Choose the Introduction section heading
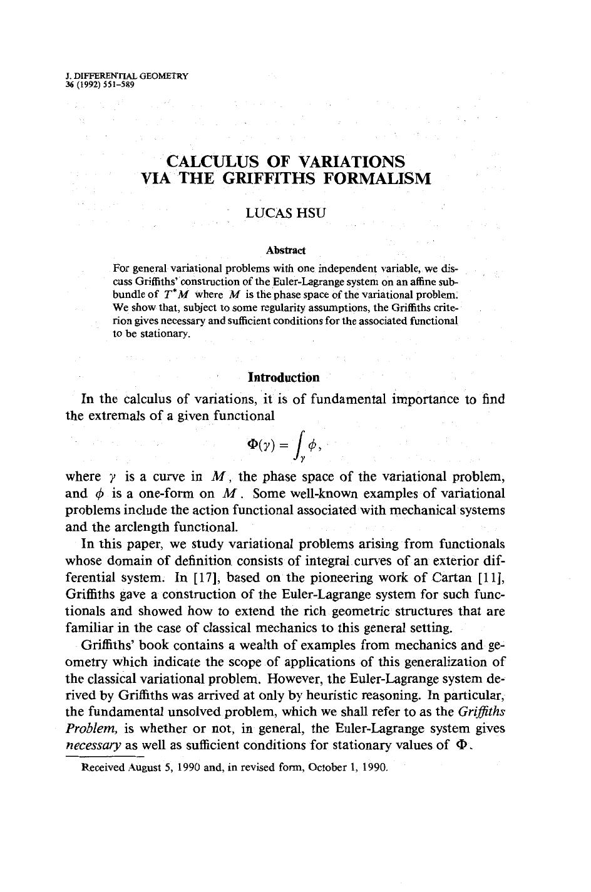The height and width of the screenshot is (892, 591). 284,377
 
